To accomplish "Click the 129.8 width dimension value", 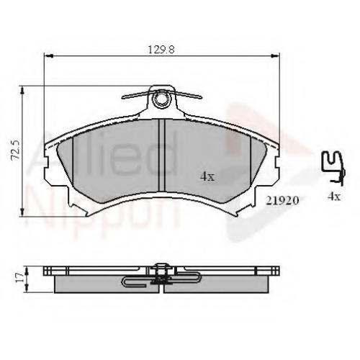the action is [x=161, y=50].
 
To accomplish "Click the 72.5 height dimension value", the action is [x=17, y=150].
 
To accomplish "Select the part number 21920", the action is [x=282, y=200].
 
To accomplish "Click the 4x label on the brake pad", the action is [x=207, y=176].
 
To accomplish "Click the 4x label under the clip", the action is [x=334, y=197].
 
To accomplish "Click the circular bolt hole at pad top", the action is [x=160, y=98].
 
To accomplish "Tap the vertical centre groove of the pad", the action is [x=162, y=156].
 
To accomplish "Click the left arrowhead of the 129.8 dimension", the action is [x=49, y=56].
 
